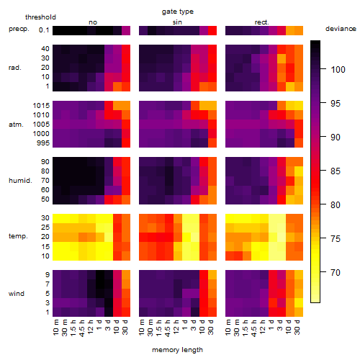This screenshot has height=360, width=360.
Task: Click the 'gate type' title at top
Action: click(178, 12)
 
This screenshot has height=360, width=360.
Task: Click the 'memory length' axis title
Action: click(177, 350)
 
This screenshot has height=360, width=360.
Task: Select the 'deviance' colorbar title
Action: click(341, 29)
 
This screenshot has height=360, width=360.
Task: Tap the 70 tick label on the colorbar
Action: click(336, 273)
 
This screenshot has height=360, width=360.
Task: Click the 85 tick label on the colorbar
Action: click(336, 171)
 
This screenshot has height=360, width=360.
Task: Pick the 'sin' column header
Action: click(177, 22)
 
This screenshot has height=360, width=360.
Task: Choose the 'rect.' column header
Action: click(261, 22)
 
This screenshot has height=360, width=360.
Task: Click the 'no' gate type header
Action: click(93, 22)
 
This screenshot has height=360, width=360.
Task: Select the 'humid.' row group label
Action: click(20, 181)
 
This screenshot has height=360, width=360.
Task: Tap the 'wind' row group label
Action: click(17, 294)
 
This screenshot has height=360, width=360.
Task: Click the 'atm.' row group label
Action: click(16, 125)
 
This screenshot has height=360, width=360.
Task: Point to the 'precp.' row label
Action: click(19, 29)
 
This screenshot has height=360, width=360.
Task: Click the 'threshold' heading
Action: click(40, 17)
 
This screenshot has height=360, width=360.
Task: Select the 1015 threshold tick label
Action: click(41, 106)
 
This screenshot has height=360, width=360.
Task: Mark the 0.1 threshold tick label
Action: click(44, 30)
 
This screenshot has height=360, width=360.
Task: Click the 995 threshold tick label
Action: click(43, 143)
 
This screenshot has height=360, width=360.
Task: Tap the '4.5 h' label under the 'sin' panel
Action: click(168, 328)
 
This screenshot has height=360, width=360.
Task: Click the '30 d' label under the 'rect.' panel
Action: click(297, 327)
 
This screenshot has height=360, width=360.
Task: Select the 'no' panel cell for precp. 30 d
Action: click(126, 31)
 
